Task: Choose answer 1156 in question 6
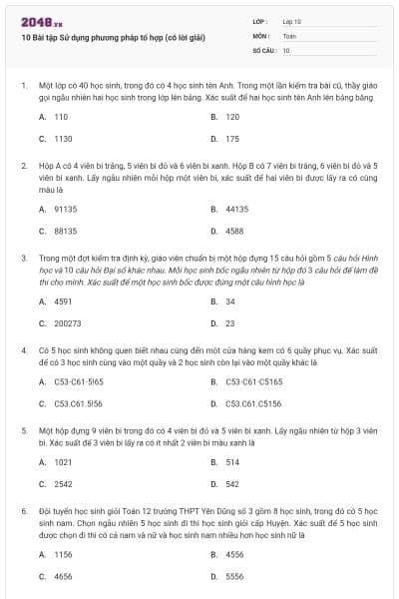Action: [63, 554]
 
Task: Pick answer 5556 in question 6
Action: [234, 576]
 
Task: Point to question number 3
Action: [24, 258]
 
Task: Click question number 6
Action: [24, 510]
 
